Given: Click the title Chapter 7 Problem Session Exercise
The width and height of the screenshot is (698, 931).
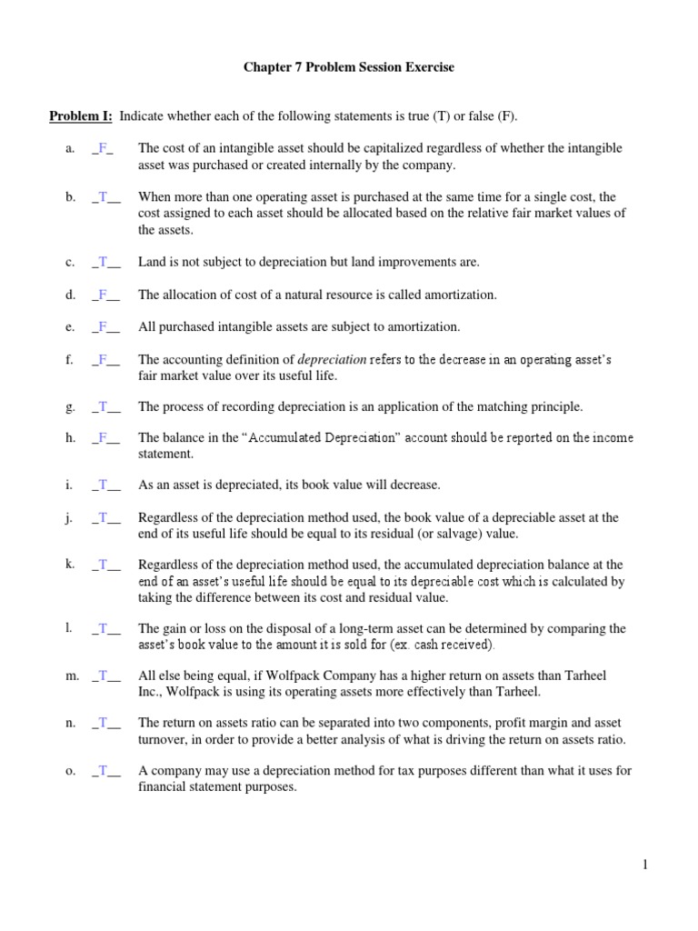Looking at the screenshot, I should (348, 67).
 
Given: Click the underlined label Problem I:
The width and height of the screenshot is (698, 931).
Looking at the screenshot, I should (80, 116).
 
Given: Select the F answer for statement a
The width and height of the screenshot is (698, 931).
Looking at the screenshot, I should (102, 148).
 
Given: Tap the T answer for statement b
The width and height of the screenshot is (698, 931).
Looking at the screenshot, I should (104, 197).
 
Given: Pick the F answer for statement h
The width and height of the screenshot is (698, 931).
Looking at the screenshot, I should (104, 438).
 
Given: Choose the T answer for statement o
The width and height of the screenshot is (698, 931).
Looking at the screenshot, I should (104, 771).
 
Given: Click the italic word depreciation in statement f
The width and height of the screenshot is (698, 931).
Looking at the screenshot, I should (332, 360).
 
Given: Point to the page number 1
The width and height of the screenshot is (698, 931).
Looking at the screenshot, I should (644, 866).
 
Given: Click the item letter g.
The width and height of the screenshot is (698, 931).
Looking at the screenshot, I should (69, 406).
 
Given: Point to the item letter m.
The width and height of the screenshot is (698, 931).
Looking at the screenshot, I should (71, 676).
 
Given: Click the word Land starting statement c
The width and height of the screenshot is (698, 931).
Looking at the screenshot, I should (152, 262).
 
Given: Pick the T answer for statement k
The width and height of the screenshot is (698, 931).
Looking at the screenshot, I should (104, 565).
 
